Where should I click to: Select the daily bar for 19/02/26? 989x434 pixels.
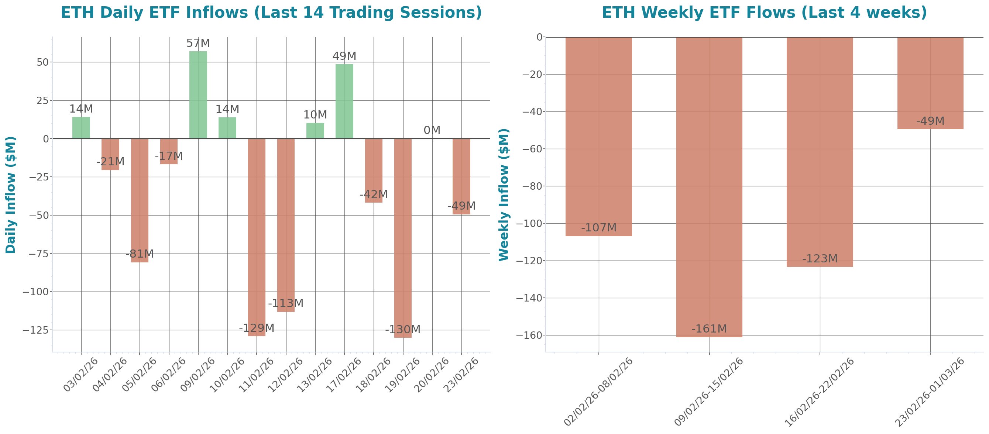point(403,238)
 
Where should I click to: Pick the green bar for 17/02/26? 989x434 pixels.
point(344,101)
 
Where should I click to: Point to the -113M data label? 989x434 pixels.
point(286,303)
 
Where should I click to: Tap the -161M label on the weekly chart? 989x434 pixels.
point(709,329)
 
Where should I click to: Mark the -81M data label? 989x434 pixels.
point(140,254)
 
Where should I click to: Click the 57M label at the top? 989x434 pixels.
point(198,43)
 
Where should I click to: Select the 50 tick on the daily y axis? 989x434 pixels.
point(42,62)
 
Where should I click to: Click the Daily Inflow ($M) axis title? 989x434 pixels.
point(11,195)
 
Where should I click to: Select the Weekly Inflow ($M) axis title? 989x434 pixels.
point(503,195)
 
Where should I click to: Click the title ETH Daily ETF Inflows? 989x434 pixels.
point(271,13)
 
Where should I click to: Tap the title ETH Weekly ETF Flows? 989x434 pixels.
point(764,13)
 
